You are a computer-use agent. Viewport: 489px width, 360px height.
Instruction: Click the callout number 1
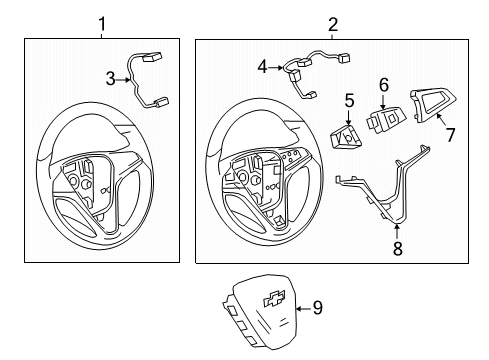coord(101,22)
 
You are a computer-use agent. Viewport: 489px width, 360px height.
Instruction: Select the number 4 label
coord(262,67)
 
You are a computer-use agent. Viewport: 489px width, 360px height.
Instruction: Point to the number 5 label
coord(350,100)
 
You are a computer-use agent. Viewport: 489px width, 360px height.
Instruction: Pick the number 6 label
coord(382,87)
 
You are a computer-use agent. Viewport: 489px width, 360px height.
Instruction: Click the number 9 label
coord(317,308)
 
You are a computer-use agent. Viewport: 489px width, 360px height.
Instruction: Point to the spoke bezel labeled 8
coord(385,185)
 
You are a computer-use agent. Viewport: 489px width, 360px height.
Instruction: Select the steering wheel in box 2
coord(261,170)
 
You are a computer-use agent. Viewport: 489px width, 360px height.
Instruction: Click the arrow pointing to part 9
coord(299,307)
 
